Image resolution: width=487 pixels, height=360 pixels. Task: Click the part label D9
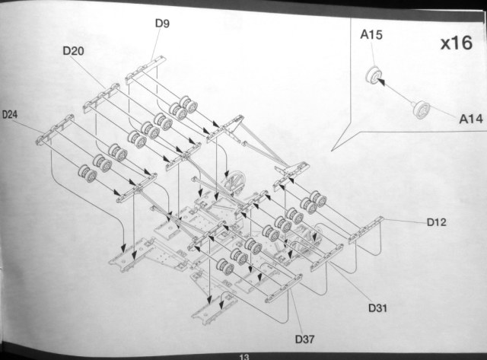coord(162,23)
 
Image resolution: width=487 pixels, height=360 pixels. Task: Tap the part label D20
coord(74,50)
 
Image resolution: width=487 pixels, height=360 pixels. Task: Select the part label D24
coord(10,115)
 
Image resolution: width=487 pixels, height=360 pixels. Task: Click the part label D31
coord(378,307)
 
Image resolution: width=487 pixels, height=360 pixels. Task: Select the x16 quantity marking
coord(457,43)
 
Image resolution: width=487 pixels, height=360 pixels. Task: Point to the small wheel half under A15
coord(373,75)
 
